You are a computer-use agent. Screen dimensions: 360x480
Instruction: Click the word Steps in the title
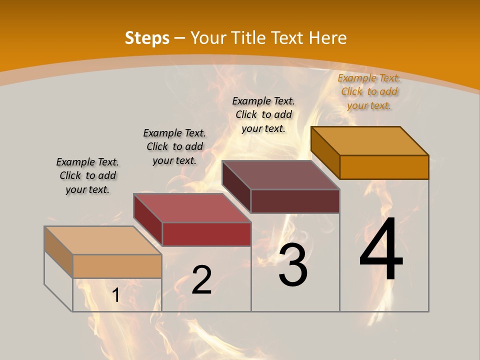point(146,38)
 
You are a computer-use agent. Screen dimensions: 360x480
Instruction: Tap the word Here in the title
point(327,38)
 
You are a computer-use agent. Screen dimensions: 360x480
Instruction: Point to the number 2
point(201,280)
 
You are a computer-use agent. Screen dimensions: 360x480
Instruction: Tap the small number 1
point(116,295)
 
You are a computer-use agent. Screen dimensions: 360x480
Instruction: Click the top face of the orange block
point(370,141)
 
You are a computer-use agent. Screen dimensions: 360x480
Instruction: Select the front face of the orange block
point(384,167)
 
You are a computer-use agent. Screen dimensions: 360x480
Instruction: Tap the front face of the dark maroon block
point(295,201)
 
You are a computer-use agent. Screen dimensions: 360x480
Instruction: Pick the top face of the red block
point(192,208)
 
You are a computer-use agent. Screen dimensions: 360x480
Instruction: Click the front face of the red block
point(206,234)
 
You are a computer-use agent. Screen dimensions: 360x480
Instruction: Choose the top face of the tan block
point(103,240)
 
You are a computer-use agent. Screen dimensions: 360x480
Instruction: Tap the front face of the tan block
point(117,266)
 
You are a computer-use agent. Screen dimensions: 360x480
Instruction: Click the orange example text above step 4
point(369,91)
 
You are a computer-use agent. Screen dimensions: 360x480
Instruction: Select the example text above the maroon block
point(263,114)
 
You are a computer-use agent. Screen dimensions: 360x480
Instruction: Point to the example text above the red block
point(174,146)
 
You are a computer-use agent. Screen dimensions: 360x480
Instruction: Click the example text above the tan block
point(87,175)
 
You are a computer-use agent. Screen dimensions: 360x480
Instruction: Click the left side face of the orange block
point(325,152)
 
